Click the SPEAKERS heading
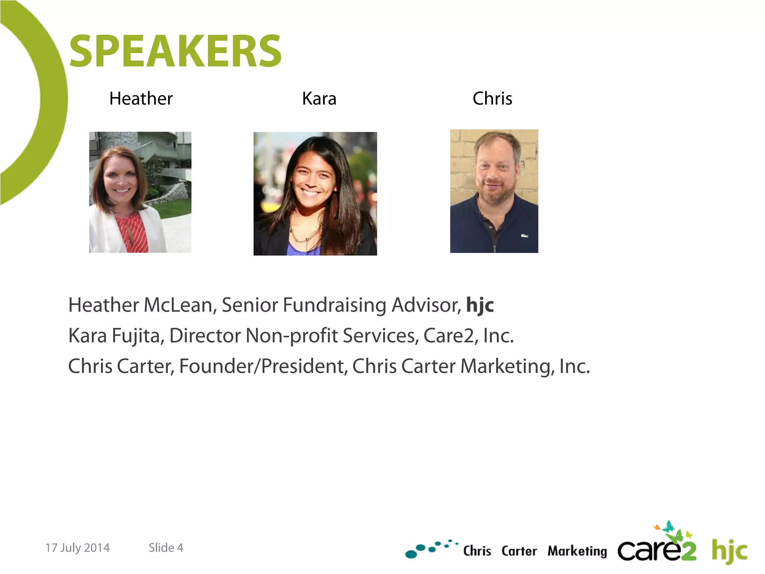pyautogui.click(x=175, y=51)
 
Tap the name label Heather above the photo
pyautogui.click(x=141, y=99)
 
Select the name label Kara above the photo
pyautogui.click(x=319, y=99)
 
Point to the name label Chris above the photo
pyautogui.click(x=492, y=99)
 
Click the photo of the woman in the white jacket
pyautogui.click(x=140, y=192)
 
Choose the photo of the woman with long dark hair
pyautogui.click(x=315, y=194)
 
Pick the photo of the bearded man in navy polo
pyautogui.click(x=494, y=191)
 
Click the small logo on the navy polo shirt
pyautogui.click(x=525, y=236)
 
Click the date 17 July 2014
pyautogui.click(x=77, y=548)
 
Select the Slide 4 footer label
pyautogui.click(x=166, y=548)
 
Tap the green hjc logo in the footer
pyautogui.click(x=729, y=551)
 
